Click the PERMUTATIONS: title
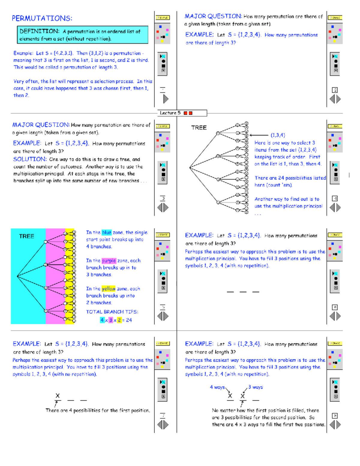(x=42, y=18)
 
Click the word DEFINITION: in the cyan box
(x=39, y=31)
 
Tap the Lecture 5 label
(x=170, y=113)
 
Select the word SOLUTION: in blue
(x=30, y=159)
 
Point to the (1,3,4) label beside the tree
(x=278, y=135)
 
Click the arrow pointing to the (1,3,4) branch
(x=259, y=135)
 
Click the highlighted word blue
(x=106, y=232)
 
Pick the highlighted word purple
(x=109, y=260)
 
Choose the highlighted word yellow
(x=108, y=288)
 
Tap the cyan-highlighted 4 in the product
(x=102, y=320)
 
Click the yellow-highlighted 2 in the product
(x=119, y=320)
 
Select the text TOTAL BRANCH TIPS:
(x=112, y=312)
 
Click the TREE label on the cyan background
(x=26, y=236)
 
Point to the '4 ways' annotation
(x=217, y=387)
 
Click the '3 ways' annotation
(x=255, y=387)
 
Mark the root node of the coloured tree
(x=18, y=276)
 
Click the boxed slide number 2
(x=335, y=90)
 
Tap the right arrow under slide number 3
(x=166, y=207)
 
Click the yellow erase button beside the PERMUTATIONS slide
(x=163, y=18)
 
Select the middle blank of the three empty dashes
(x=243, y=291)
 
